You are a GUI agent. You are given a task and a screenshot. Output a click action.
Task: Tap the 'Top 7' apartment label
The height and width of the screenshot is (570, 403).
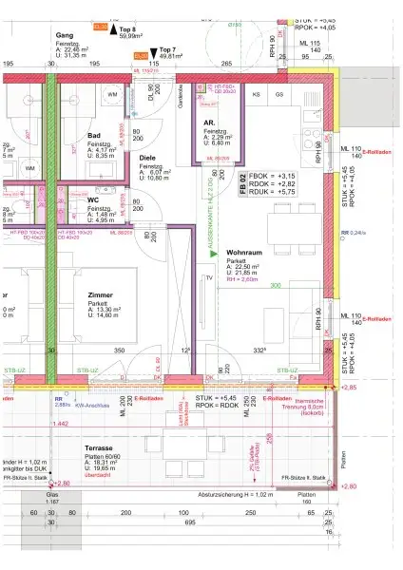click(x=167, y=48)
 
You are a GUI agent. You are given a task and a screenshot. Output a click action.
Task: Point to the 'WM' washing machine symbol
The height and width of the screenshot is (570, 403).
click(x=111, y=94)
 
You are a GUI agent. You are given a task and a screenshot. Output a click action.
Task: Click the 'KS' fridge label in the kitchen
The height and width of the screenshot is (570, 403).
click(x=256, y=96)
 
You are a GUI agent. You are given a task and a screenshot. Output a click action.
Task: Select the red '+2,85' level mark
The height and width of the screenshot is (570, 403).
click(x=348, y=388)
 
